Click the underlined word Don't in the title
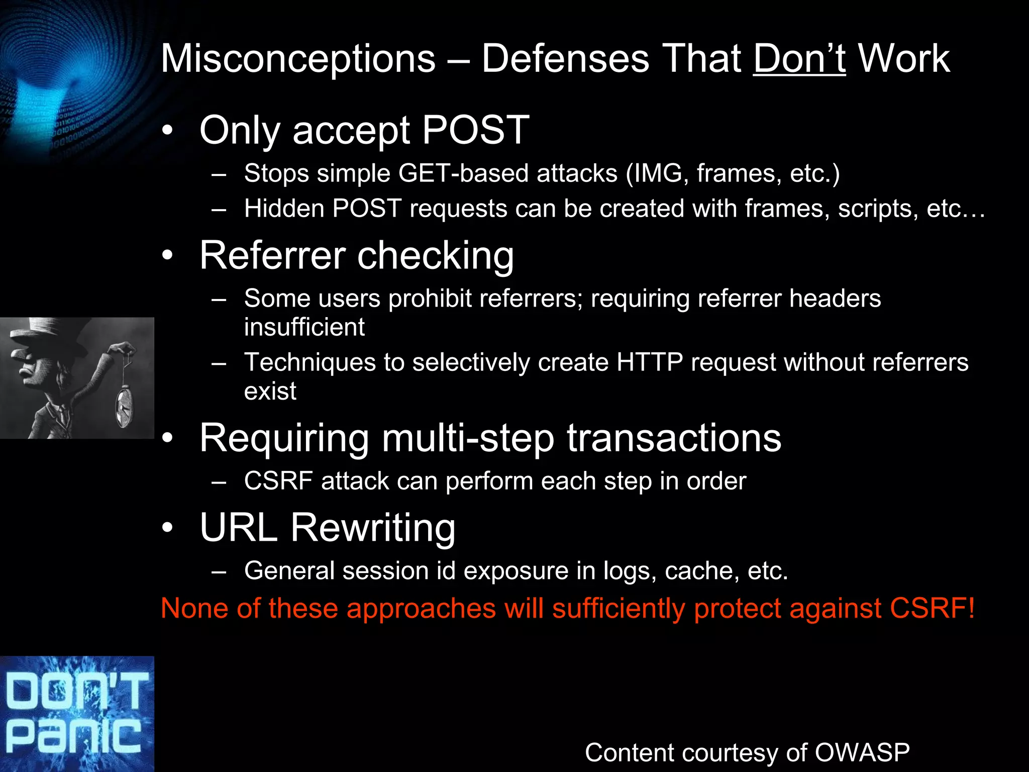pos(799,59)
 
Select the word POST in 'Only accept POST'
pos(475,130)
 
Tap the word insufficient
pos(304,327)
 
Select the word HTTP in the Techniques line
pos(649,362)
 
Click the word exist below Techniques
pos(270,391)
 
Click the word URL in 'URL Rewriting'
pos(238,528)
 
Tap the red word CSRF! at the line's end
pos(932,608)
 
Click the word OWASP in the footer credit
pos(862,753)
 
